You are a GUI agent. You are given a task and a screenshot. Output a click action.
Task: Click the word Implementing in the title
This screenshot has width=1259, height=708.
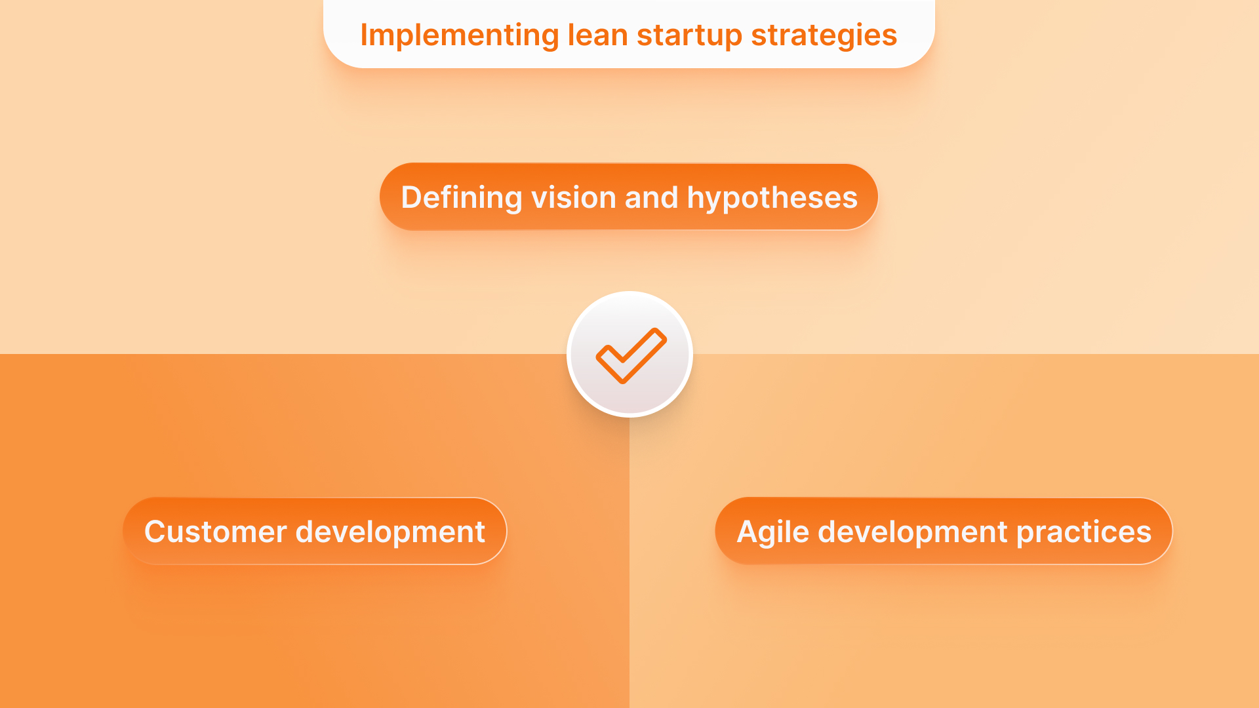(x=459, y=35)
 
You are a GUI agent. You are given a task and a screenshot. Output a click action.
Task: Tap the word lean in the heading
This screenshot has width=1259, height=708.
(x=597, y=35)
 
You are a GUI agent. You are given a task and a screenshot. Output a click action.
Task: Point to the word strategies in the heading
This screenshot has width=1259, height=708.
(x=824, y=35)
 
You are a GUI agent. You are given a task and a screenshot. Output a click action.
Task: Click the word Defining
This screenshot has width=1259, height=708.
(x=461, y=198)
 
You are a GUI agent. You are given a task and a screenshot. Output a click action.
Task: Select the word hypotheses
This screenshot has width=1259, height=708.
(x=772, y=198)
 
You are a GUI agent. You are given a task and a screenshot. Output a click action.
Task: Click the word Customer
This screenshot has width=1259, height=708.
(x=215, y=532)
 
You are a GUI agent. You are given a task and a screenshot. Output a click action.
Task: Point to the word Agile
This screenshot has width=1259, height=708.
(x=773, y=532)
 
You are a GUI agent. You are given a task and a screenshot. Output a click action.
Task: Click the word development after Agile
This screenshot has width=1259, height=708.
(x=913, y=532)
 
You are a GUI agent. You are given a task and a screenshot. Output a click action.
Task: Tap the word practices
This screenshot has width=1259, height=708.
(x=1083, y=532)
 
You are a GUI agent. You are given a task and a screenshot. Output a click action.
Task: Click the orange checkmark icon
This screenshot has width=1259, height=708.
(x=630, y=355)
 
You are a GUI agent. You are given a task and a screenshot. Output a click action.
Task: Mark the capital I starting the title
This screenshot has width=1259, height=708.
(x=364, y=35)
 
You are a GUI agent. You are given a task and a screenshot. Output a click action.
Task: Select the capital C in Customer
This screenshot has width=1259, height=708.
(x=156, y=532)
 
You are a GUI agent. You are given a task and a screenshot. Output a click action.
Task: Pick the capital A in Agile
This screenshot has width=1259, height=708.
(x=748, y=532)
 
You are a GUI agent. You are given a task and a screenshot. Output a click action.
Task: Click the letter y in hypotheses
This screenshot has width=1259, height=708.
(x=713, y=201)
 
